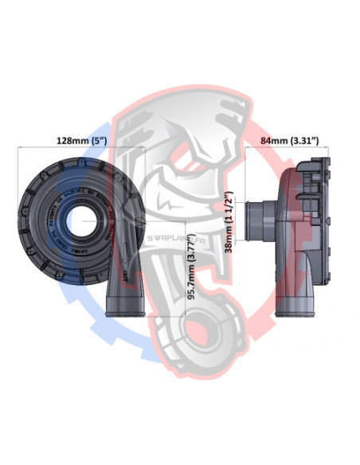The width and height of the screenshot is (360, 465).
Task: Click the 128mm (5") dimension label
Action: tap(80, 140)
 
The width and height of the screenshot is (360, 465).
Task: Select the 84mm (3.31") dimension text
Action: tap(290, 140)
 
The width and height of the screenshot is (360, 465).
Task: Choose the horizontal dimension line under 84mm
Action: tap(290, 149)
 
